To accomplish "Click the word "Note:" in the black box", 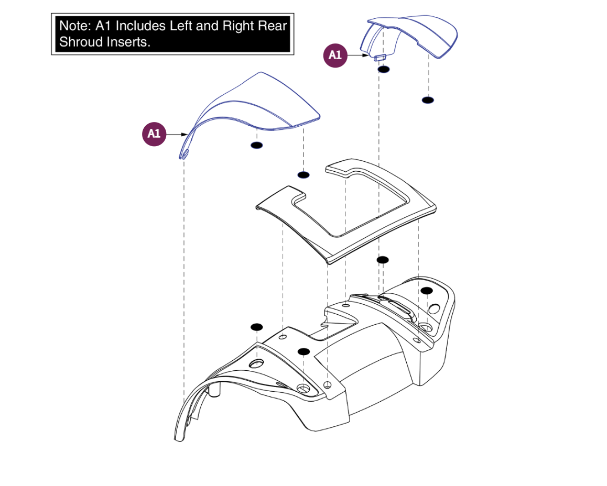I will [x=73, y=26].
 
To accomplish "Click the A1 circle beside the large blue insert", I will [x=154, y=134].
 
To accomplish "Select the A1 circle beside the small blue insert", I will [x=335, y=55].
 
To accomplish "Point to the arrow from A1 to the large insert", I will [x=177, y=135].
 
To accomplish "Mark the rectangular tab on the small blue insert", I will [x=380, y=57].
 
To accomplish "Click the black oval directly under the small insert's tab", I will [x=384, y=70].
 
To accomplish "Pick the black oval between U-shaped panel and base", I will [x=383, y=260].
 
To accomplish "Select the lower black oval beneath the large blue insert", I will [x=302, y=174].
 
